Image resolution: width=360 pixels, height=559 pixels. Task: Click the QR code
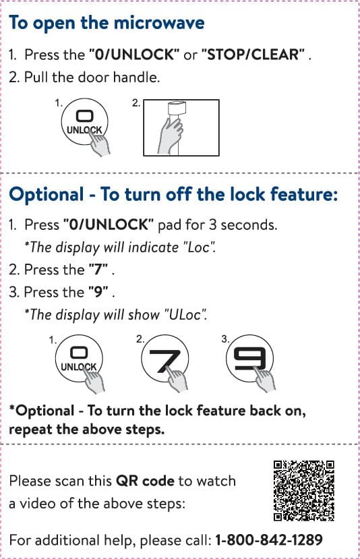(303, 490)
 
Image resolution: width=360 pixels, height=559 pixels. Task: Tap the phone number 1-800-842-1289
(269, 539)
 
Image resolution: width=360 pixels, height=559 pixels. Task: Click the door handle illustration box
(181, 127)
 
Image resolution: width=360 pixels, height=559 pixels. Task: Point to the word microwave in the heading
(159, 23)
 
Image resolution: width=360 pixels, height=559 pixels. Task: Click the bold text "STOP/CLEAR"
(253, 55)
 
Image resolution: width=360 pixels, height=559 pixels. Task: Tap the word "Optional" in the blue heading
(47, 195)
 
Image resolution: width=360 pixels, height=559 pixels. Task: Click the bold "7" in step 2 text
(98, 270)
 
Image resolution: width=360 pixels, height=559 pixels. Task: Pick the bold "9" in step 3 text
(98, 292)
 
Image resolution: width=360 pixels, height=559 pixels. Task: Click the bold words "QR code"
(146, 481)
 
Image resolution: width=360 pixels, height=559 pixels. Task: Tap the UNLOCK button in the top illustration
(84, 121)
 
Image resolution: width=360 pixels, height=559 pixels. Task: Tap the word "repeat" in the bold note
(30, 430)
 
